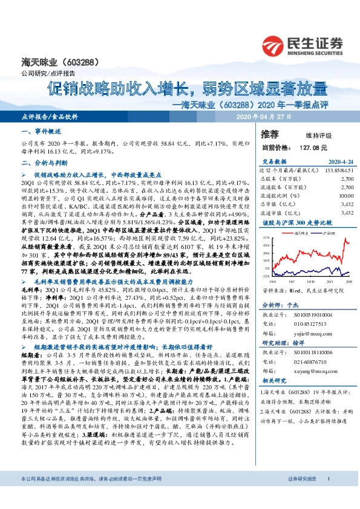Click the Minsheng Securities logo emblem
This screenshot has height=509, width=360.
273,45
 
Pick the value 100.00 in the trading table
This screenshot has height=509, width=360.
345,196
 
